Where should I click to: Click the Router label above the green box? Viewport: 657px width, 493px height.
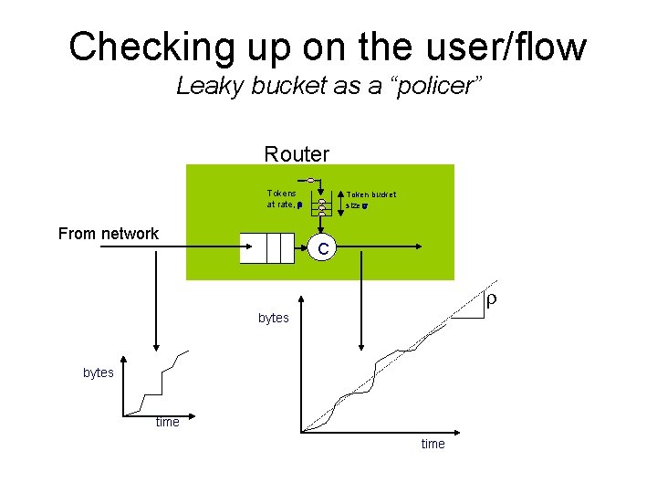pos(297,153)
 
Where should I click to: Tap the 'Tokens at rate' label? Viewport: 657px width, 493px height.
pos(283,199)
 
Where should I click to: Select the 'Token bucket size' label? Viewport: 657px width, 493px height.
pos(369,200)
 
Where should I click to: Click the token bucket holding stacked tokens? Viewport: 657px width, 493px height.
pos(322,206)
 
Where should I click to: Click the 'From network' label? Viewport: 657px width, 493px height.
pos(108,234)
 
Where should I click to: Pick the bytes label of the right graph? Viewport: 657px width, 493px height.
pos(274,318)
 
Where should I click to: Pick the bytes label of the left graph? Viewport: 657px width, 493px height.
pos(99,372)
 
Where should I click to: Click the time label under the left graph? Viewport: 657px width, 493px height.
pos(167,422)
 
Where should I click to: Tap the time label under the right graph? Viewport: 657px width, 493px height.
pos(433,444)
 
